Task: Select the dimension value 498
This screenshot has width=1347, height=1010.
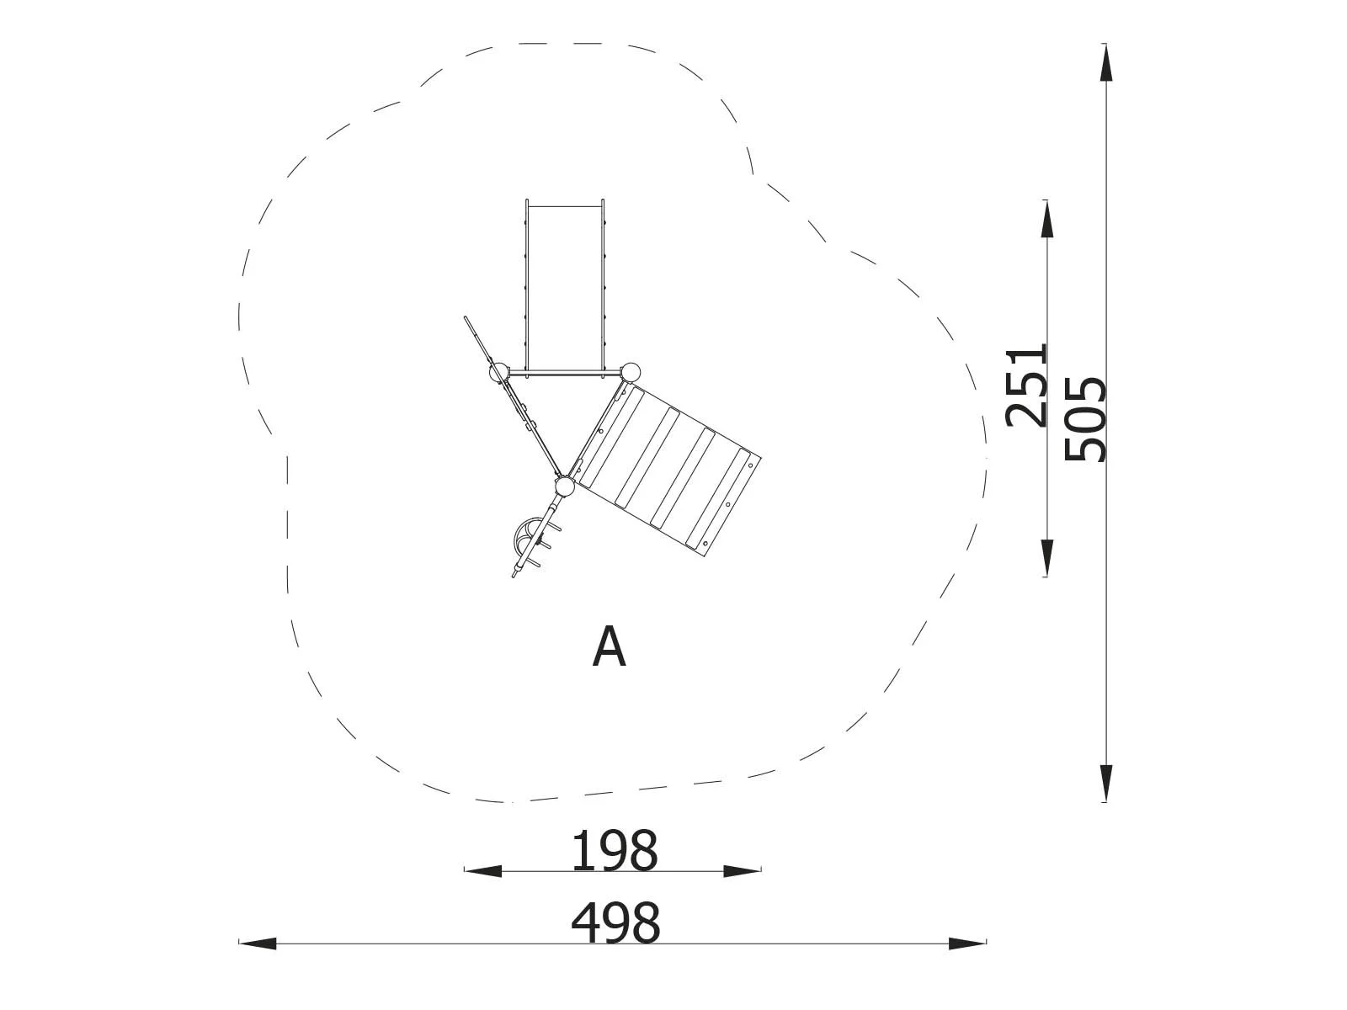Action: (x=615, y=923)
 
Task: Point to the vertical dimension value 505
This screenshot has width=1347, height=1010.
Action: (x=1085, y=419)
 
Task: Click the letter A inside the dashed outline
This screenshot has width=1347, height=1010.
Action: (x=609, y=646)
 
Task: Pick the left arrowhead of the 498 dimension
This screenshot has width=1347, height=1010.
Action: (x=257, y=960)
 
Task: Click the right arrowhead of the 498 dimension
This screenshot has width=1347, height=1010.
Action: (x=967, y=960)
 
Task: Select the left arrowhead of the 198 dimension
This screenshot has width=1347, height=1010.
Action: (x=483, y=871)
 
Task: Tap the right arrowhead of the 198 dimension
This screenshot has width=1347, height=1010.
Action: (x=742, y=871)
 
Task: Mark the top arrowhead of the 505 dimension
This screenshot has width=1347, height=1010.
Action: (x=1106, y=62)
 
